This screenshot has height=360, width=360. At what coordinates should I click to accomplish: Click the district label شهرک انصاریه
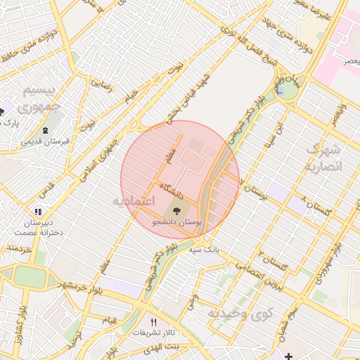pos(324,158)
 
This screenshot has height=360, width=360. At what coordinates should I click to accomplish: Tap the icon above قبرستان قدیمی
pos(46,131)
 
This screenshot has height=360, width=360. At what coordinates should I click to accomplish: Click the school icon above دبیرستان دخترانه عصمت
pos(38,211)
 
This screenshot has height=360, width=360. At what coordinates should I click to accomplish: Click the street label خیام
pos(131,101)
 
